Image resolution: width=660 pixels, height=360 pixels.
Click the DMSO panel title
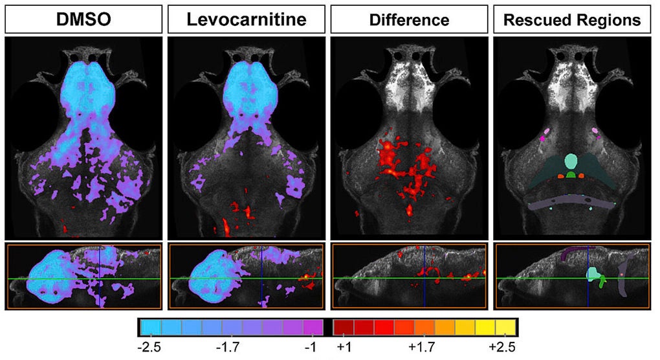(x=83, y=20)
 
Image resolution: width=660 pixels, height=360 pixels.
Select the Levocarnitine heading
(x=246, y=20)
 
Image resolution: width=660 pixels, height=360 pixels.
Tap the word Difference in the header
(x=409, y=20)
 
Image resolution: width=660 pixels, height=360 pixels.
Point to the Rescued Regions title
(x=572, y=20)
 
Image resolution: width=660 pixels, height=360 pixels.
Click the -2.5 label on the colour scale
(x=149, y=346)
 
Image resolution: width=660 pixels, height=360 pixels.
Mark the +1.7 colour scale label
(x=422, y=346)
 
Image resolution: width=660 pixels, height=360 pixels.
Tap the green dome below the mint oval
(x=571, y=175)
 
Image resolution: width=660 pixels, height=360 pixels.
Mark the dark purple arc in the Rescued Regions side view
(x=569, y=254)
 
